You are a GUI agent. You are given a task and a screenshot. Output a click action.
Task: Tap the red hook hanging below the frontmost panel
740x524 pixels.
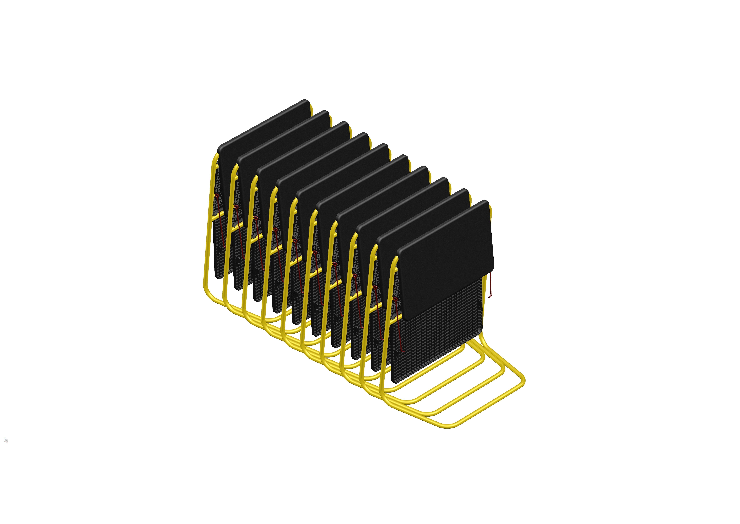[x=490, y=286]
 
